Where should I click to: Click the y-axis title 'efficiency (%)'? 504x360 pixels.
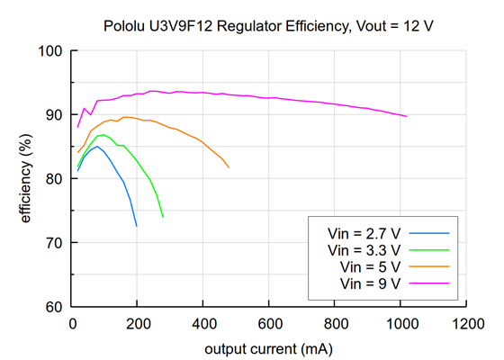pyautogui.click(x=26, y=179)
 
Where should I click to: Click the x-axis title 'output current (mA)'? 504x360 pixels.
pyautogui.click(x=269, y=348)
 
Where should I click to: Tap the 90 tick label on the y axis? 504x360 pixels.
pyautogui.click(x=55, y=115)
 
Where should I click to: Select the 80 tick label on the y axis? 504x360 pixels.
pyautogui.click(x=55, y=179)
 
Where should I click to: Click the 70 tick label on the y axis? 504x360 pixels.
pyautogui.click(x=55, y=243)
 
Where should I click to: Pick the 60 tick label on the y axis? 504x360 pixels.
pyautogui.click(x=55, y=307)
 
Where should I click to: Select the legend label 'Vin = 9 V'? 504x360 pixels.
pyautogui.click(x=369, y=284)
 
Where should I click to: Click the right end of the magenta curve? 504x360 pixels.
pyautogui.click(x=407, y=116)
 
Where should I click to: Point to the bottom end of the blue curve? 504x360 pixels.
pyautogui.click(x=137, y=226)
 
